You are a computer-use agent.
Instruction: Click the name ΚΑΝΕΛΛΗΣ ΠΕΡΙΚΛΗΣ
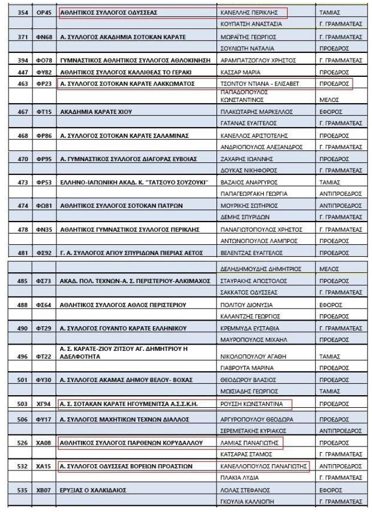coord(243,11)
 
